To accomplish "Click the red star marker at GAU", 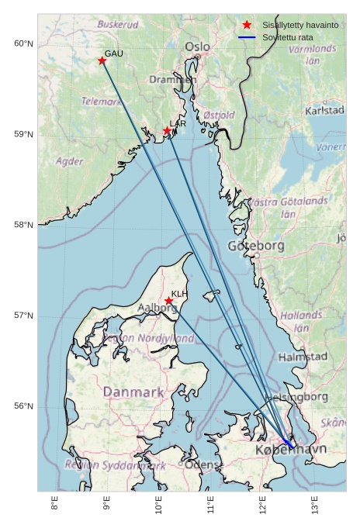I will (102, 60).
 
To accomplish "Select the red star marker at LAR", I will (167, 130).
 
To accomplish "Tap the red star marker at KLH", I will (168, 301).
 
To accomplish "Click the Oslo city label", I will (197, 47).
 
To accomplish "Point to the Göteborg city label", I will (255, 246).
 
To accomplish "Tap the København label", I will (291, 450).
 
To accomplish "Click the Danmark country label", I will (133, 392).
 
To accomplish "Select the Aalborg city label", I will (157, 308).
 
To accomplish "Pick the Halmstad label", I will (303, 357).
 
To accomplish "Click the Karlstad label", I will (324, 111).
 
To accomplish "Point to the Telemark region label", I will (102, 102).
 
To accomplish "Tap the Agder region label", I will (70, 162).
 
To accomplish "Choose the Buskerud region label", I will (118, 25).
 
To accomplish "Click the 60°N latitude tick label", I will (24, 43).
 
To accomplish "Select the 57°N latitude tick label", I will (24, 316).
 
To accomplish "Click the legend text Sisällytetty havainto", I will (300, 26).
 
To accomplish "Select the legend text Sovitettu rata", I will (288, 37).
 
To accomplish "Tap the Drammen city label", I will (173, 79).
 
